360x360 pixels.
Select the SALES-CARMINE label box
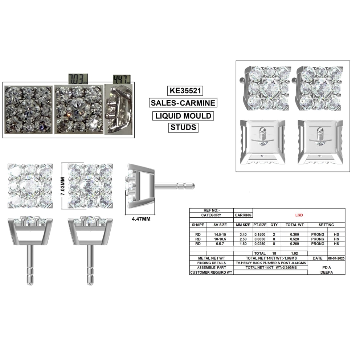[183, 103]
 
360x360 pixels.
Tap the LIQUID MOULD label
[183, 116]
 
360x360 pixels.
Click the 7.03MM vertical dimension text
[62, 185]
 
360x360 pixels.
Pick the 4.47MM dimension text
[142, 219]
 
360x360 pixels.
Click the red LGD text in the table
[299, 215]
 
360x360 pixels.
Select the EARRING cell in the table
[243, 215]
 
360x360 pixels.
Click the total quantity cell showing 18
[274, 253]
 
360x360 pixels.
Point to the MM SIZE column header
[243, 225]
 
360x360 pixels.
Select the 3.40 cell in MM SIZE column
[243, 234]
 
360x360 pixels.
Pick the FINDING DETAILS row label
[211, 263]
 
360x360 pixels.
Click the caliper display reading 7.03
[78, 78]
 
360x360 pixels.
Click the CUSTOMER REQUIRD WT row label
[211, 272]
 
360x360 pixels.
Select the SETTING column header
[326, 225]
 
